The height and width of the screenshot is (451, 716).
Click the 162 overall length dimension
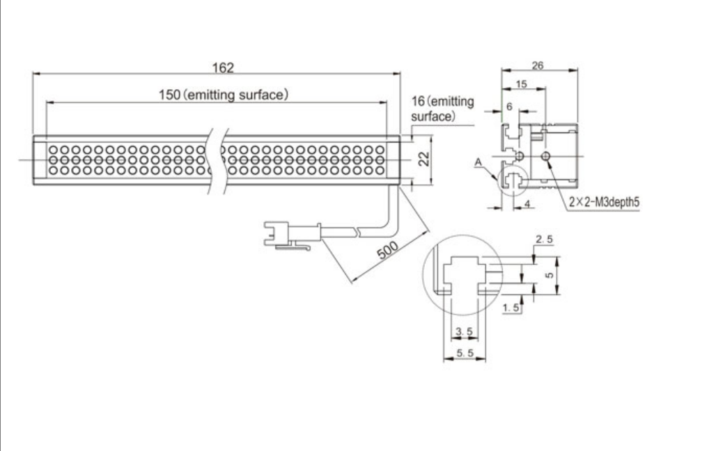click(x=223, y=68)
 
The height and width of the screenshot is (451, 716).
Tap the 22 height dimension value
click(x=421, y=160)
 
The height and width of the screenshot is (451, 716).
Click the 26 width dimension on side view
click(x=538, y=65)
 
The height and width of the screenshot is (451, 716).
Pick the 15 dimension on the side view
click(x=521, y=84)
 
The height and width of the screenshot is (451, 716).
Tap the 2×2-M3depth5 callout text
click(x=604, y=203)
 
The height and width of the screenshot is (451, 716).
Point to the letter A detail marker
click(x=478, y=161)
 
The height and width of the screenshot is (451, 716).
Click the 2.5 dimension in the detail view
click(x=544, y=239)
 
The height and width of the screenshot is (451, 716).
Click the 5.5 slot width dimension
click(x=465, y=354)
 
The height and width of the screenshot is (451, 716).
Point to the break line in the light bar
click(x=217, y=159)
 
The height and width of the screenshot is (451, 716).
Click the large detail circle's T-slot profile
click(x=462, y=274)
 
